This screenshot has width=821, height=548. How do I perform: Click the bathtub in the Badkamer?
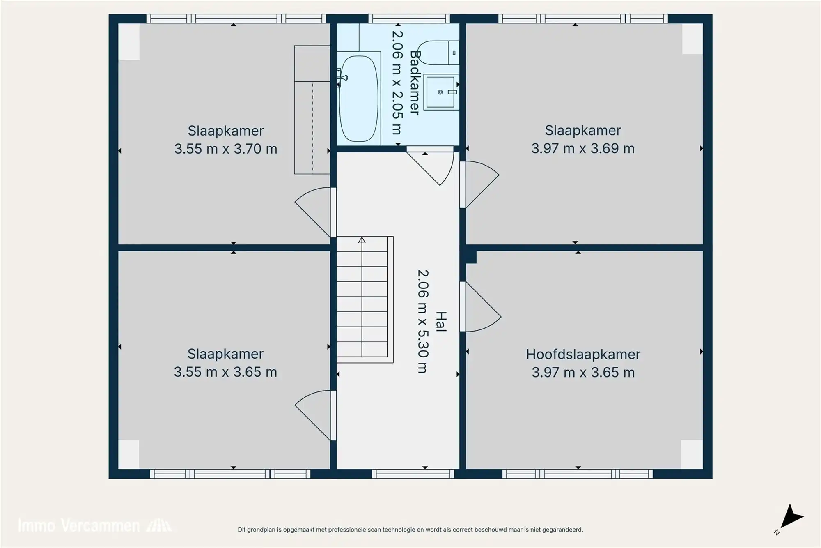pyautogui.click(x=358, y=99)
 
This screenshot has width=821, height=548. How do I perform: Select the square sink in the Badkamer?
pyautogui.click(x=441, y=92)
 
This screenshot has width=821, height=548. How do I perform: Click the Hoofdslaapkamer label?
pyautogui.click(x=583, y=354)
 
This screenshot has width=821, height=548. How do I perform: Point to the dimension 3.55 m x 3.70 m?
pyautogui.click(x=226, y=149)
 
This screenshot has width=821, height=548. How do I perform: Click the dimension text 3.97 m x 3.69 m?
pyautogui.click(x=583, y=148)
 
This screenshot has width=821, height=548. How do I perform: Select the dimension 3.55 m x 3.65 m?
pyautogui.click(x=225, y=372)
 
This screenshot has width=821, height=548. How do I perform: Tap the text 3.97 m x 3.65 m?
pyautogui.click(x=583, y=373)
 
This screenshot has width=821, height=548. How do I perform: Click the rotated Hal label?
pyautogui.click(x=440, y=322)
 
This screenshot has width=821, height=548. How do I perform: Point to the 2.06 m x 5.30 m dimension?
pyautogui.click(x=423, y=321)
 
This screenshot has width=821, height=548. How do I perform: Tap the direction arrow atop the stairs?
pyautogui.click(x=362, y=240)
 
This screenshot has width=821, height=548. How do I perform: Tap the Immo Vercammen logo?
pyautogui.click(x=94, y=526)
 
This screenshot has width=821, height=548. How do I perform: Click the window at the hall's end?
pyautogui.click(x=413, y=474)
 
